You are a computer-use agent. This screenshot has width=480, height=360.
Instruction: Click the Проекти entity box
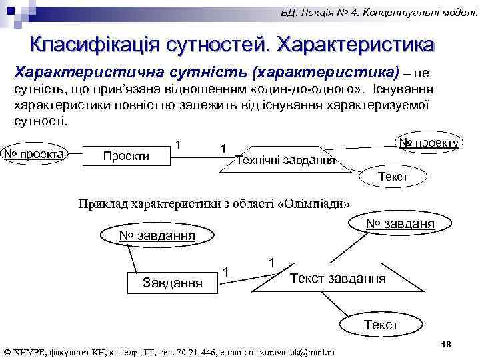(x=125, y=156)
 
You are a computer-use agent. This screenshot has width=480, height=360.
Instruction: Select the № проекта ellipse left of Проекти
(x=34, y=154)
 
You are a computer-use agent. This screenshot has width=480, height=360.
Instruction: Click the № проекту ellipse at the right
(x=428, y=143)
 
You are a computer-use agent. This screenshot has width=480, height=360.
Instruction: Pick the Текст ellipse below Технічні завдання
(x=393, y=177)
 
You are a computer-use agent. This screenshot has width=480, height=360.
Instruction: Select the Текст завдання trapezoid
(x=337, y=277)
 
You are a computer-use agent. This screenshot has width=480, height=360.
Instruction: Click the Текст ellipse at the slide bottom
(x=381, y=325)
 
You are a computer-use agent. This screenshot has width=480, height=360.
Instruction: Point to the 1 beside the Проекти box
(x=178, y=145)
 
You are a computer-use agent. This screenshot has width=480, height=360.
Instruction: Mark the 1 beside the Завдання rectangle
(x=227, y=271)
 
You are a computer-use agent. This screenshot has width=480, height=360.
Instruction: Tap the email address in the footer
(x=291, y=351)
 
